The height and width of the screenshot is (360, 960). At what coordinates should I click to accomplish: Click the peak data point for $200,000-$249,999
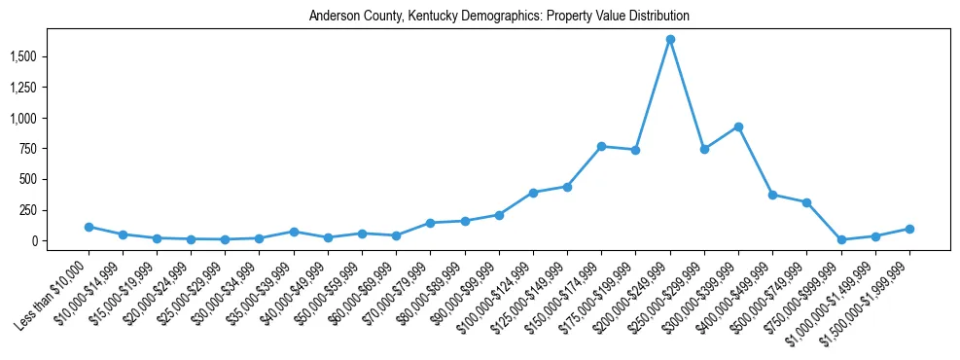670,40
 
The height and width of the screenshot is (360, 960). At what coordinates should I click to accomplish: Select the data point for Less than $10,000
89,227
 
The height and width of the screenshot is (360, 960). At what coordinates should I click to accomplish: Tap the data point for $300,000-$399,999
738,126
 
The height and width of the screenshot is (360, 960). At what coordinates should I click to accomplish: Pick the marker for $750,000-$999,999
841,239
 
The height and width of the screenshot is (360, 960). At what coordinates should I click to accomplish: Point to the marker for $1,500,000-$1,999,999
909,229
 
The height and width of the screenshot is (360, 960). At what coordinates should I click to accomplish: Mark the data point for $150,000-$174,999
601,146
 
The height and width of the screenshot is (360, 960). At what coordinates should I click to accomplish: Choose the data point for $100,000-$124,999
533,193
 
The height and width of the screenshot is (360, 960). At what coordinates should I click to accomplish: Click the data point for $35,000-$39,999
294,232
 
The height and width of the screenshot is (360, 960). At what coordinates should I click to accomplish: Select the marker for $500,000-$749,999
806,202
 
